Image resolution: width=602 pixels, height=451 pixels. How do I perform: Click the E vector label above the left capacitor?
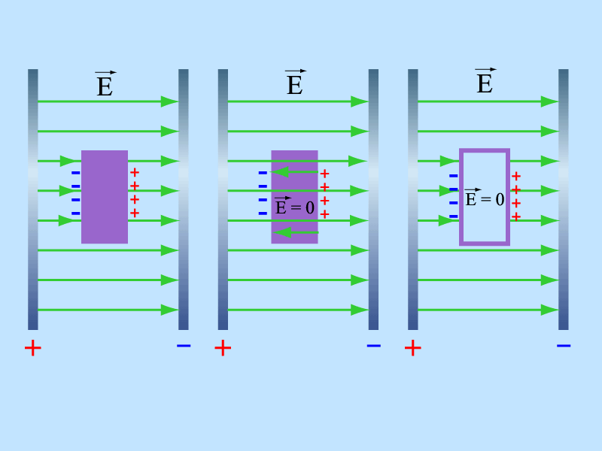(x=105, y=83)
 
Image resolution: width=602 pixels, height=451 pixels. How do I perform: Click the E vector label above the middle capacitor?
(x=295, y=82)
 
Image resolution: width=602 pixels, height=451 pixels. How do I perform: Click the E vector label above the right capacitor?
(x=485, y=81)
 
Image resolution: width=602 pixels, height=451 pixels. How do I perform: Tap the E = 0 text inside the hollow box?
(x=485, y=198)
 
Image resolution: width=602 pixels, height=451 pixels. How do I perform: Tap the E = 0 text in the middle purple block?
(x=294, y=206)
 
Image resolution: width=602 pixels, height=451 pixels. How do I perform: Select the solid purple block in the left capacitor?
(x=105, y=197)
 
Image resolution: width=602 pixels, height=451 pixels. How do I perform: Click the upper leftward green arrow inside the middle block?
(x=295, y=172)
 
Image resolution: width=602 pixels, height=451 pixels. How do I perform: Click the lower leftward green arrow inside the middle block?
(x=296, y=232)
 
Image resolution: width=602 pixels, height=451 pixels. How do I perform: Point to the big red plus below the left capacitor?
(x=32, y=348)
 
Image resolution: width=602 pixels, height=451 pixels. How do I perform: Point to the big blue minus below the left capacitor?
(x=184, y=346)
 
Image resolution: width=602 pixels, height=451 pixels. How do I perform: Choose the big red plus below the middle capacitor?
(x=223, y=348)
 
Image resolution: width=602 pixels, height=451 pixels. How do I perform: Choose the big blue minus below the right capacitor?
(x=564, y=346)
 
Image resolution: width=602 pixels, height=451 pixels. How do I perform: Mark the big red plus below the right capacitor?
(x=412, y=348)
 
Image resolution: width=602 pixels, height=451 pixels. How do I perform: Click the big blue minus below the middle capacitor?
(x=373, y=346)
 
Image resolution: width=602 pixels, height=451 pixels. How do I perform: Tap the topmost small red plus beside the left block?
(x=135, y=172)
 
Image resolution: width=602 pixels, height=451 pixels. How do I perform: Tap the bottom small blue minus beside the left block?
(x=76, y=213)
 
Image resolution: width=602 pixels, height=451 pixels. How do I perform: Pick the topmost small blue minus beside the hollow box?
(x=454, y=176)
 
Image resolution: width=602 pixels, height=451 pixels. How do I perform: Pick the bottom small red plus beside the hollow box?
(x=516, y=216)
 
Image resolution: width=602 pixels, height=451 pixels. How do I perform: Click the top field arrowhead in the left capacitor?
(x=170, y=101)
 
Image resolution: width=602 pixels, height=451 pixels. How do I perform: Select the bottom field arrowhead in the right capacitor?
(x=550, y=310)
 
